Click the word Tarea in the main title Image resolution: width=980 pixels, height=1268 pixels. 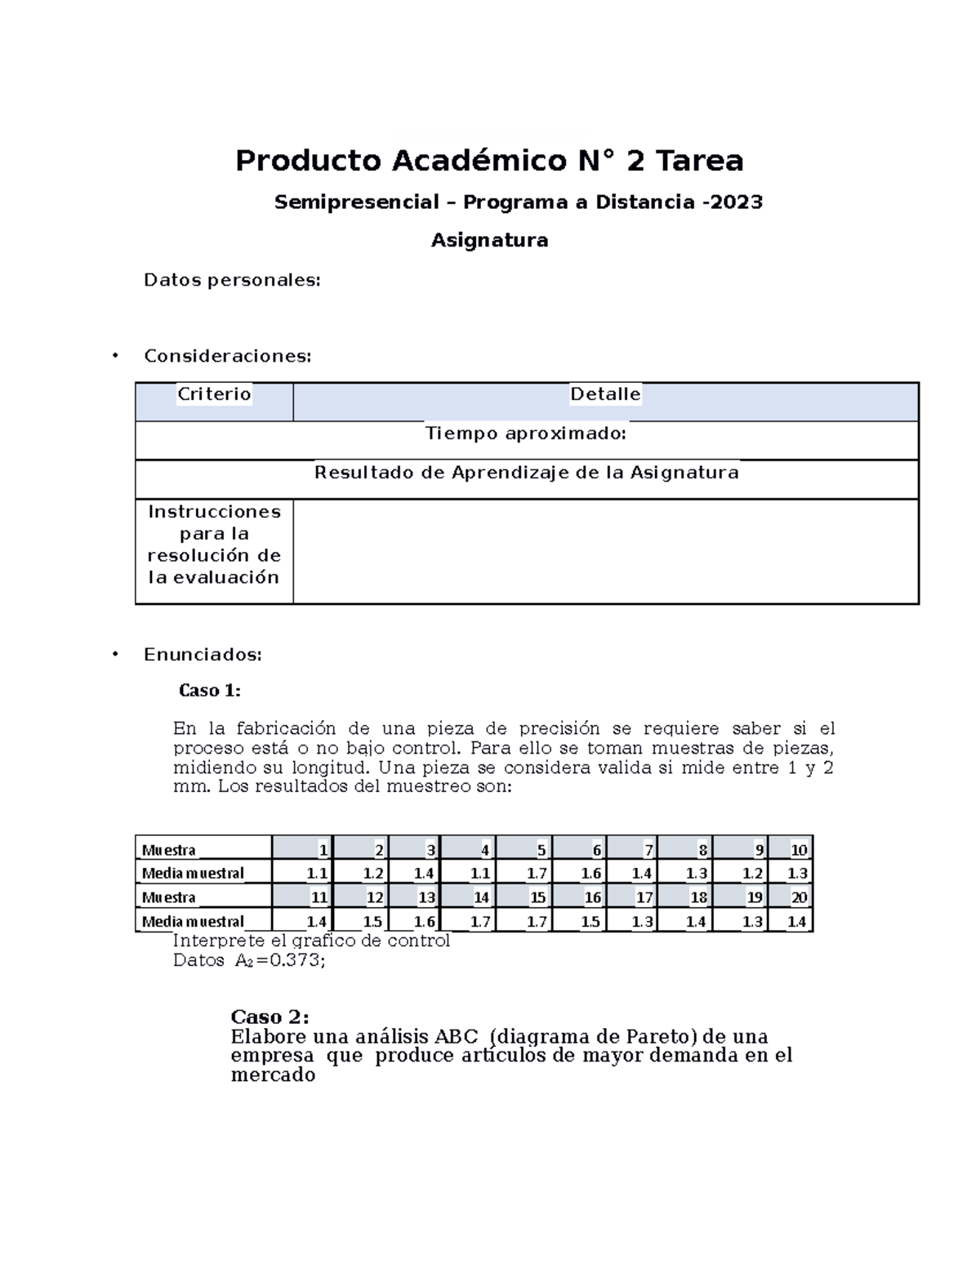click(700, 161)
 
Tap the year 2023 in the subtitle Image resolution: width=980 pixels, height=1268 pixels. click(736, 202)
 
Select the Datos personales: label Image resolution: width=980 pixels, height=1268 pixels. click(232, 280)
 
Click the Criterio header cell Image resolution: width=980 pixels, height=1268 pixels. click(214, 394)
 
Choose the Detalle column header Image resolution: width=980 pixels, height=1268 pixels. click(605, 394)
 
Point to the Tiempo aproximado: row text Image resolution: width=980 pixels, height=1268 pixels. click(526, 434)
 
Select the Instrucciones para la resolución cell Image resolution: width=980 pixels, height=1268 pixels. click(214, 545)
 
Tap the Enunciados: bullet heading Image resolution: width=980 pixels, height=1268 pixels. click(203, 655)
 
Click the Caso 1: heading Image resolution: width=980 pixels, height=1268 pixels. click(210, 691)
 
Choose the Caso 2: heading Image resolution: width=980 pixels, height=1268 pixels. click(269, 1017)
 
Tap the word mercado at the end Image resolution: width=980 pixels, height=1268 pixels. click(273, 1074)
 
